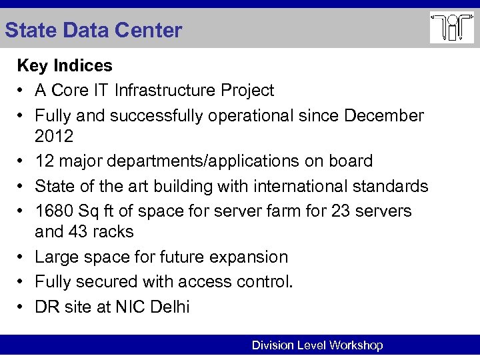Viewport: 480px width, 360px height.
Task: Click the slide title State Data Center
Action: click(93, 30)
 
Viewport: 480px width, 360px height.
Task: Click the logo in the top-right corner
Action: click(451, 27)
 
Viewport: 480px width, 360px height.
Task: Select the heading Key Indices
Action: click(65, 65)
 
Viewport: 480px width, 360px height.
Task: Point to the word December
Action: click(383, 115)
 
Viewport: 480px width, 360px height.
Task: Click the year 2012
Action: click(54, 136)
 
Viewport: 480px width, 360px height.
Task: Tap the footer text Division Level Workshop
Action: click(317, 345)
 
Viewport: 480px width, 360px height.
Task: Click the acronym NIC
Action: click(129, 307)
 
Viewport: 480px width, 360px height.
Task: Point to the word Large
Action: click(55, 257)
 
